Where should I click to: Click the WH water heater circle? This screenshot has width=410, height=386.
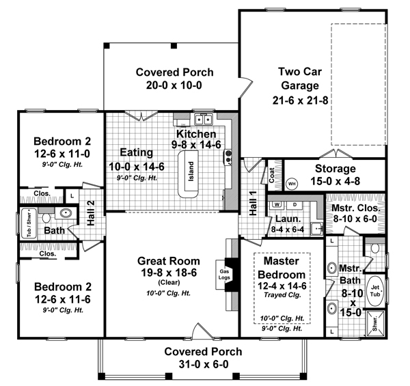click(x=291, y=184)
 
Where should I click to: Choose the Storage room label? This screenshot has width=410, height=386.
click(x=334, y=168)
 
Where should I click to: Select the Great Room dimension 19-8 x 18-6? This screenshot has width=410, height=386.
click(x=168, y=273)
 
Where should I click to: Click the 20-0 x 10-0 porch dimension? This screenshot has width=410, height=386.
click(x=174, y=85)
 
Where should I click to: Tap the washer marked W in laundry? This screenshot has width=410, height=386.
click(x=277, y=204)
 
